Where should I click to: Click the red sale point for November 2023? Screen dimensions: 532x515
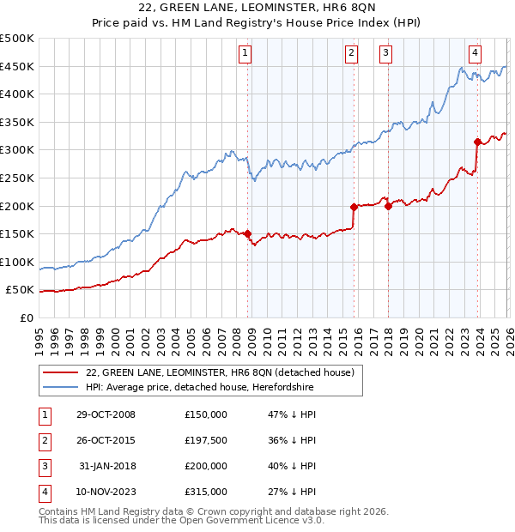pyautogui.click(x=477, y=142)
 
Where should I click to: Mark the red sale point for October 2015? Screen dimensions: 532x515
pyautogui.click(x=354, y=207)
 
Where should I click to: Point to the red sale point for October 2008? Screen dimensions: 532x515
pyautogui.click(x=248, y=233)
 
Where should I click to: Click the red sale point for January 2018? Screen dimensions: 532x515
pyautogui.click(x=388, y=206)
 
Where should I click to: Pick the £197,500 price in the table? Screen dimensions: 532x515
pyautogui.click(x=206, y=440)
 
